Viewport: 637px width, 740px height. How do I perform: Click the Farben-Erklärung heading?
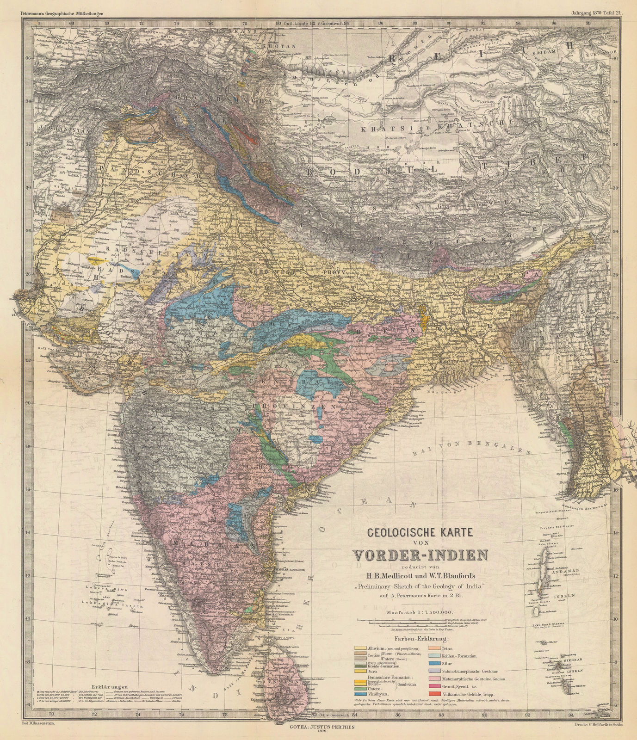pyautogui.click(x=421, y=639)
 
